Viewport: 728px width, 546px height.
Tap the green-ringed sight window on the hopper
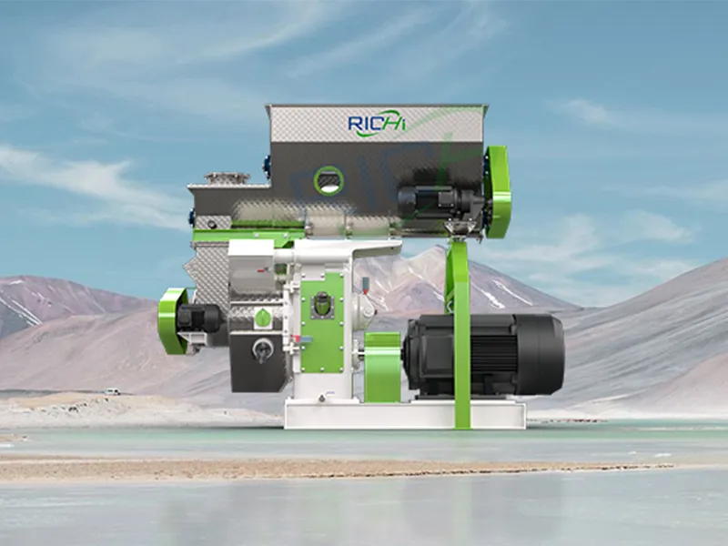tap(329, 180)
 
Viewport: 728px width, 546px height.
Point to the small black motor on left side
tap(198, 318)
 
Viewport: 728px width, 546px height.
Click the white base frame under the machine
tap(404, 414)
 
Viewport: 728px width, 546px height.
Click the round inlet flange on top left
tap(227, 177)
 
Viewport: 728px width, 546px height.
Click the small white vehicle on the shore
tap(111, 392)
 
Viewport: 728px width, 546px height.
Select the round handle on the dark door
tap(261, 348)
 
